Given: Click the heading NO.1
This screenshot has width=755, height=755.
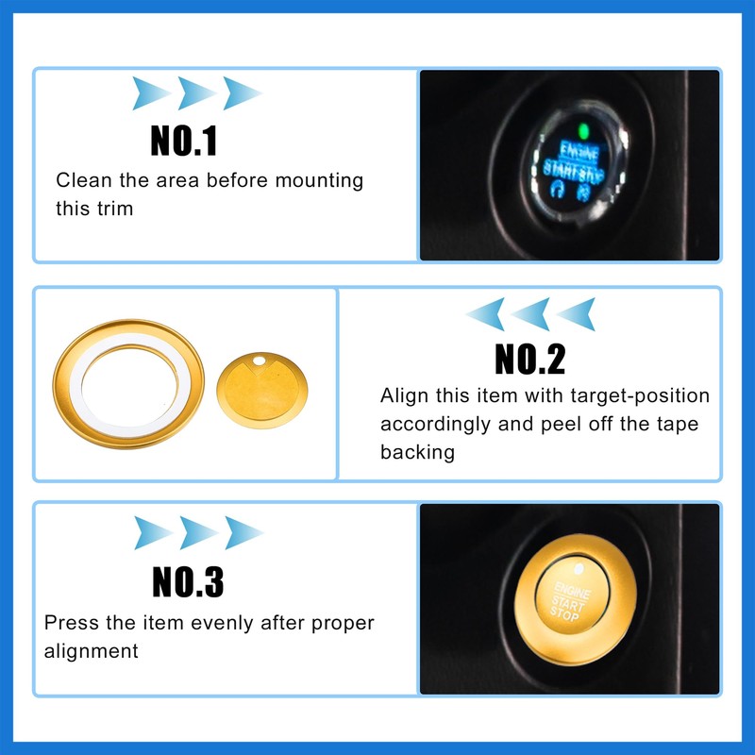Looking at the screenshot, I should [184, 141].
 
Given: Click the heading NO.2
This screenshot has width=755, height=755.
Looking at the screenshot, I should [529, 359].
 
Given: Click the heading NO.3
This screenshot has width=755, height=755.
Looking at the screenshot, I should [189, 580].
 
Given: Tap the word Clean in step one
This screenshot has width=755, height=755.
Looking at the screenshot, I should [78, 180].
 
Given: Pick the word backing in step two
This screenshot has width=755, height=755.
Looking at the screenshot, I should [417, 452].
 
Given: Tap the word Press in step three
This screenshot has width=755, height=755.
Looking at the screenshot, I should [68, 623].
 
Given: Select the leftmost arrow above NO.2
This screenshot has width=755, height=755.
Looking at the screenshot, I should [484, 313].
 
